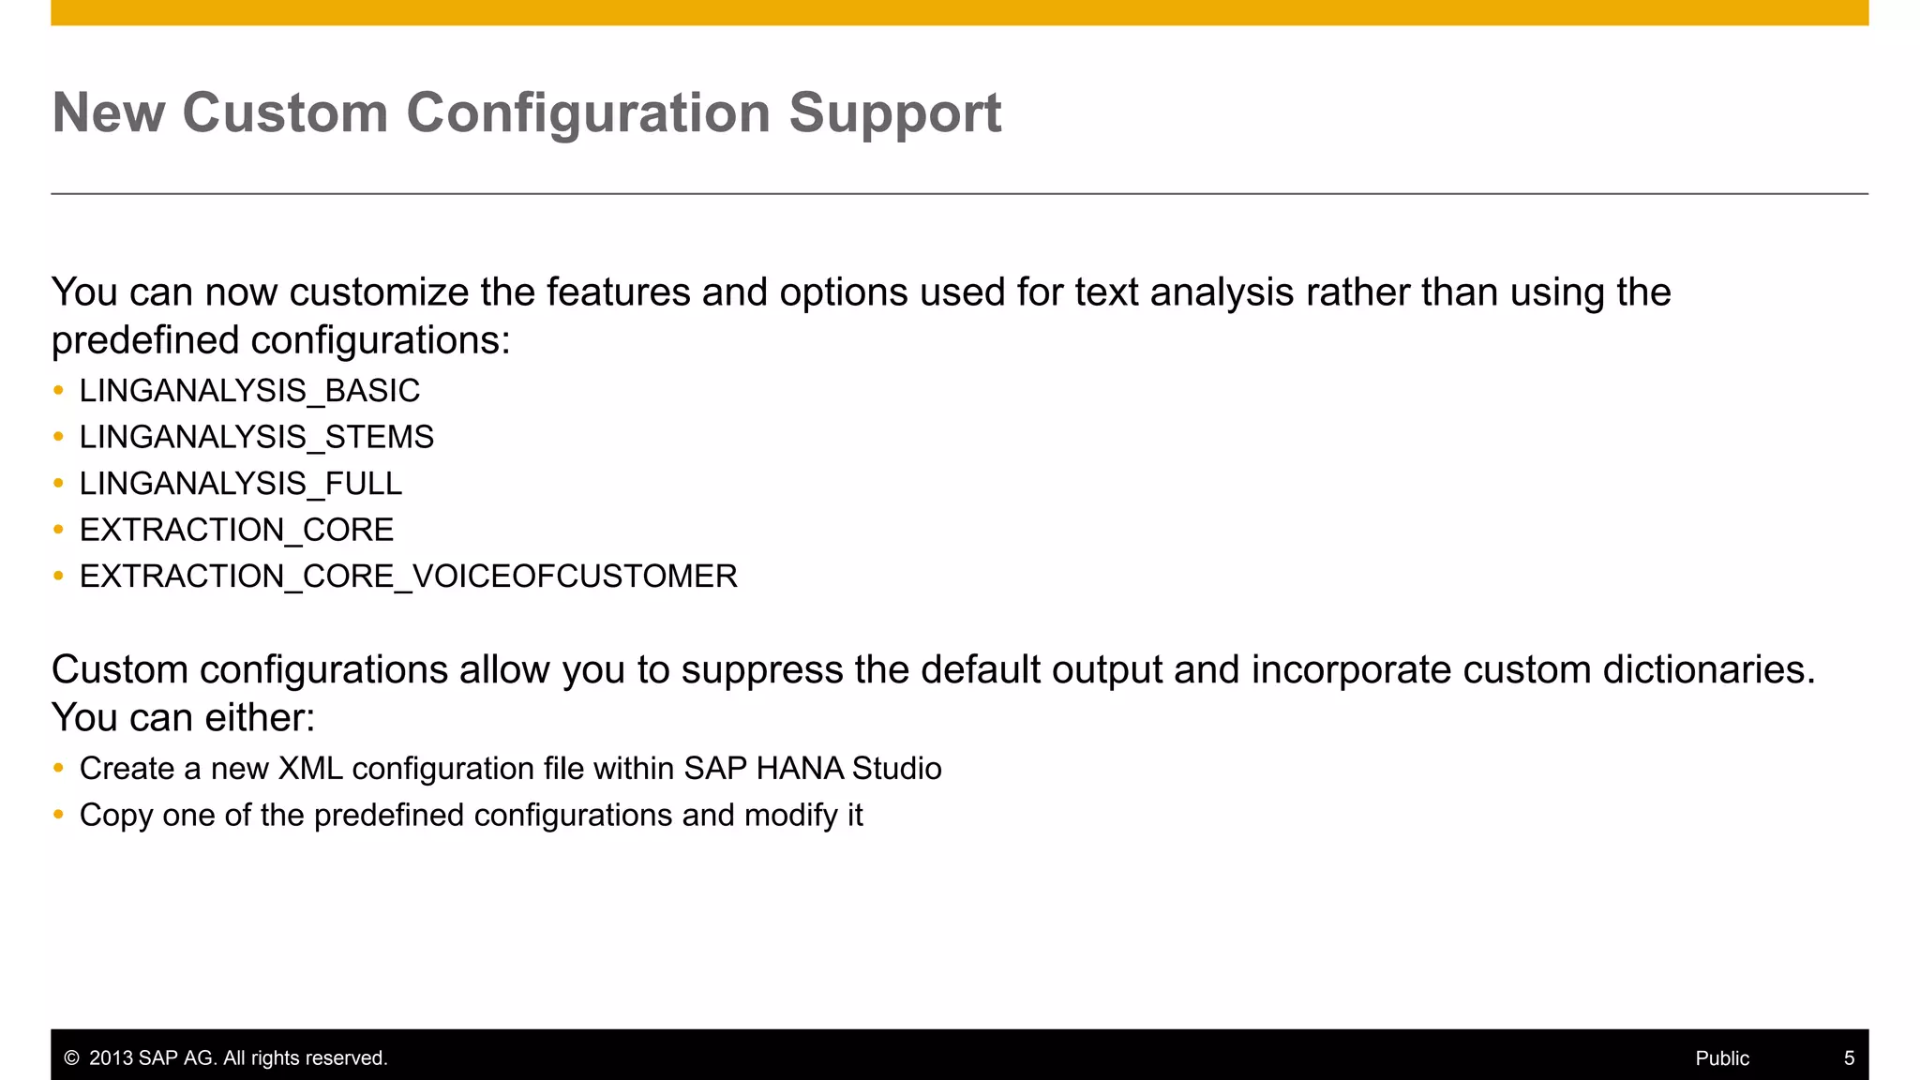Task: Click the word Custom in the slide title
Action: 285,113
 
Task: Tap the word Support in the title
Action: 894,113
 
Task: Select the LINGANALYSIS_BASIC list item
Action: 249,391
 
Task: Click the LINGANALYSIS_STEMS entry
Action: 256,437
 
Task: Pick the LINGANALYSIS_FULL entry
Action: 240,484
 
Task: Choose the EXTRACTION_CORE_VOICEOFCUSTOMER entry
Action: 408,577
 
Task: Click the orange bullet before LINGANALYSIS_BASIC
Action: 59,390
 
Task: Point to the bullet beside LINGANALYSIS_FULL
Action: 59,483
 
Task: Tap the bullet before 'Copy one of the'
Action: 59,815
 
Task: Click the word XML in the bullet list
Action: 310,769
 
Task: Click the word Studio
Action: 896,769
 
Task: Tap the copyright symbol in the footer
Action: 71,1058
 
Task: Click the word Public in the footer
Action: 1722,1058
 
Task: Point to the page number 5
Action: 1849,1058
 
